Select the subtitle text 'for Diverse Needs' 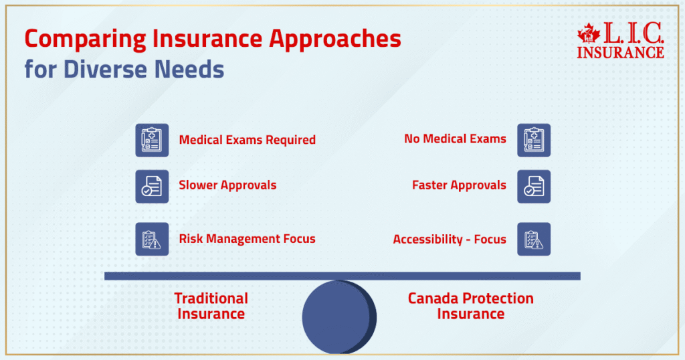point(124,70)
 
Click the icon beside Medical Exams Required point(152,140)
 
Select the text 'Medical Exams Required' point(247,140)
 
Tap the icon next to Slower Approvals point(152,185)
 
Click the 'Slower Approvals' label point(227,185)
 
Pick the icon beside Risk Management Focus point(152,239)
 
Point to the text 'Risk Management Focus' point(247,239)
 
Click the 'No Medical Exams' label point(455,139)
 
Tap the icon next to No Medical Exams point(534,140)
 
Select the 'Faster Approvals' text point(459,185)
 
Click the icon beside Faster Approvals point(534,186)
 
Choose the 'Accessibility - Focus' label point(450,239)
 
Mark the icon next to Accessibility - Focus point(534,239)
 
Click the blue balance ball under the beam point(338,317)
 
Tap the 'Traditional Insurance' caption point(211,306)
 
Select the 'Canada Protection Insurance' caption point(470,306)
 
